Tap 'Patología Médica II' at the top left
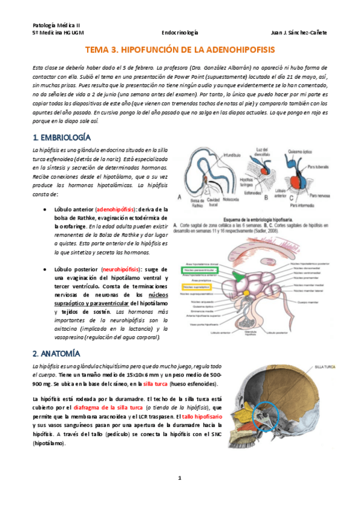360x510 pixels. [56, 24]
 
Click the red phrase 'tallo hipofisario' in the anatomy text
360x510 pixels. [201, 416]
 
